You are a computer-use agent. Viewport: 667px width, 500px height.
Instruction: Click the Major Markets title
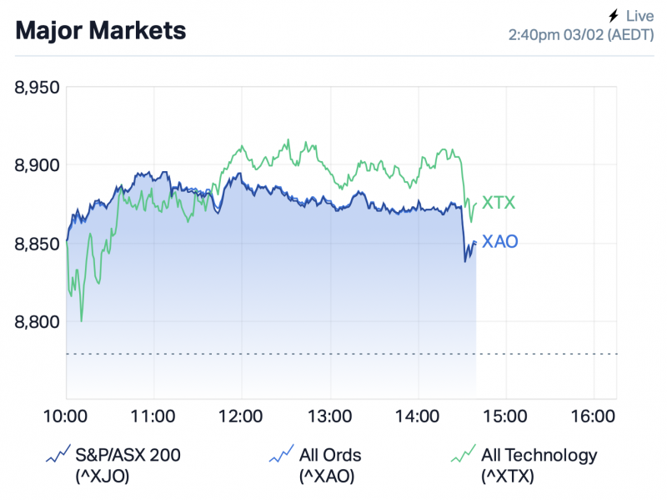pos(101,31)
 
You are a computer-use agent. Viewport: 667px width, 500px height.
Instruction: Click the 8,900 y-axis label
pos(37,164)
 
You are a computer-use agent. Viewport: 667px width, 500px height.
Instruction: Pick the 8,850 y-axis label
pos(37,243)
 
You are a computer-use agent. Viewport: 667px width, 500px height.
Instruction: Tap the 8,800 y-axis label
pos(37,321)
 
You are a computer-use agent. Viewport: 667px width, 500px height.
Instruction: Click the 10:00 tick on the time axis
pos(66,416)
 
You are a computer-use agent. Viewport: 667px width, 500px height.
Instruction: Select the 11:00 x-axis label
pos(153,416)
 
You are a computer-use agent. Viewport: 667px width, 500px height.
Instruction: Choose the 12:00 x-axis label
pos(242,416)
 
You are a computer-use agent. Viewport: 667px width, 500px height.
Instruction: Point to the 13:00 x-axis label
pos(329,416)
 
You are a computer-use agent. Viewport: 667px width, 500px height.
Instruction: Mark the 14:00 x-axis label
pos(418,416)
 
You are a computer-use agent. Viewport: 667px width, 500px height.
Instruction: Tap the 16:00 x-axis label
pos(594,416)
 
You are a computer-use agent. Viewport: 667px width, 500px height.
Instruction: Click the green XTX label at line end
pos(499,202)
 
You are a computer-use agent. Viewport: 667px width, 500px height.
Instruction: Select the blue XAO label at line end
pos(500,242)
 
